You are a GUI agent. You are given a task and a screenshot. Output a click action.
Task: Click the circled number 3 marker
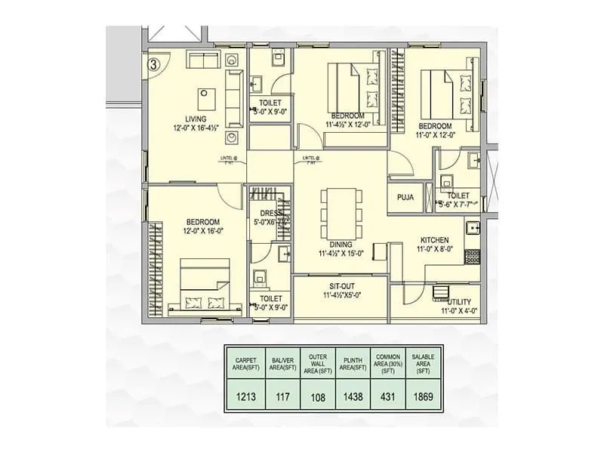(154, 64)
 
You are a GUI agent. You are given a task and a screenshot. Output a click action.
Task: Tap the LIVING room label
(185, 118)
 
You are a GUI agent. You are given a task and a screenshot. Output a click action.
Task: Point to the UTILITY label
(458, 301)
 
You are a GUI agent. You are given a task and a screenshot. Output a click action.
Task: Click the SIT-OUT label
(342, 287)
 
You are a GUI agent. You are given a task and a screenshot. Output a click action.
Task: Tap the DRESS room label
(270, 214)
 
